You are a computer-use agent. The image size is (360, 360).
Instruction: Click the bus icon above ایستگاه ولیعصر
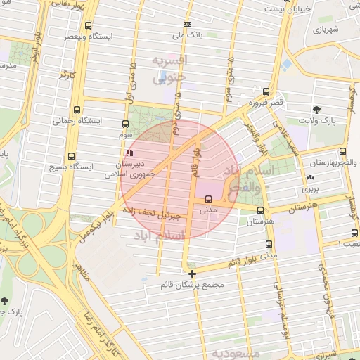click(x=88, y=25)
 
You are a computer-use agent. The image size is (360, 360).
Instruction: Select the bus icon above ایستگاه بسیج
click(x=70, y=157)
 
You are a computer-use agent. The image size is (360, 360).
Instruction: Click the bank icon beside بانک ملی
click(x=186, y=24)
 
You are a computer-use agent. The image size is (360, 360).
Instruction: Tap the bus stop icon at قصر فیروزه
click(x=265, y=91)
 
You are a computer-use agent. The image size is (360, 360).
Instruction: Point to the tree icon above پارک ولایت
click(x=318, y=110)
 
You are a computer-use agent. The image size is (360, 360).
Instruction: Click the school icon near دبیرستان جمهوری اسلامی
click(x=128, y=153)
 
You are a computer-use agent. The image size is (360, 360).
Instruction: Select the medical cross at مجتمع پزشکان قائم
click(x=192, y=274)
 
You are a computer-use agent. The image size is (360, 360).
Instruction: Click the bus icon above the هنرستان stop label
click(x=261, y=210)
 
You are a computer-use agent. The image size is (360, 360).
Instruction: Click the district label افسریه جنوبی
click(x=169, y=69)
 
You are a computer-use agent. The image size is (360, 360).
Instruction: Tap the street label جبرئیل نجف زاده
click(x=151, y=210)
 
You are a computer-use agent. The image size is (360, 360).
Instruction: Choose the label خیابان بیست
click(x=284, y=8)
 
